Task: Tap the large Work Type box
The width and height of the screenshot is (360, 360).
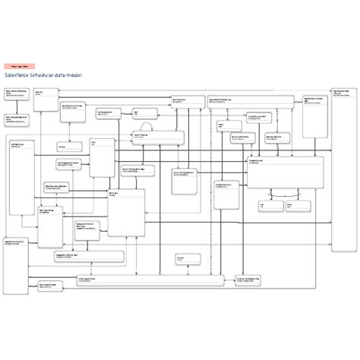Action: point(125,213)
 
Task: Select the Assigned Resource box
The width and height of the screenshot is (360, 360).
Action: point(226,194)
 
